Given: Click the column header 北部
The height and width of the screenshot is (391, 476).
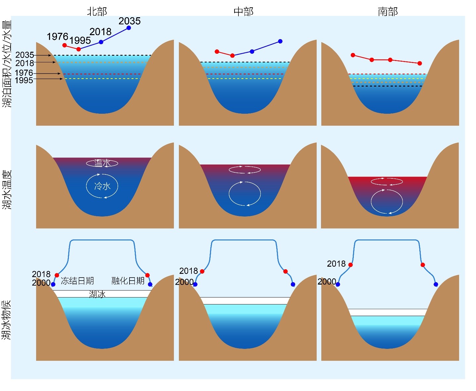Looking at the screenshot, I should tap(97, 11).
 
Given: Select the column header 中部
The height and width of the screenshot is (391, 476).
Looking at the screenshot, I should tap(243, 11).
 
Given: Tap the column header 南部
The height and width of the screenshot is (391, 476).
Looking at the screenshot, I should tap(388, 12).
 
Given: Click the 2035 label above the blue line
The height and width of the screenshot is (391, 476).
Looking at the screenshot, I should tap(130, 21).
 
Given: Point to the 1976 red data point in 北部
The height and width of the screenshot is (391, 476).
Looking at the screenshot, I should tap(65, 45).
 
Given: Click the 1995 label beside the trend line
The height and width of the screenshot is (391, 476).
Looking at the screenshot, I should tap(80, 40).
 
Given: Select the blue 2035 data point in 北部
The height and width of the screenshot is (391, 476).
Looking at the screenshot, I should tap(129, 28).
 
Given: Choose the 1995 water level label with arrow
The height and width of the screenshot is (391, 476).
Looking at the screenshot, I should tap(24, 80).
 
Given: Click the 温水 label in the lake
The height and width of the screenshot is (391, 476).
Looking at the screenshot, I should tap(102, 163).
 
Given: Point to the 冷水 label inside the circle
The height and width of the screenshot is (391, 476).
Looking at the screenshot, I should tap(102, 186).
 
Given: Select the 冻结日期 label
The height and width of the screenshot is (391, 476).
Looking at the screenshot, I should tap(78, 281).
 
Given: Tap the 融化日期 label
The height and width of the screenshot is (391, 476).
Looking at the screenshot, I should tap(128, 281).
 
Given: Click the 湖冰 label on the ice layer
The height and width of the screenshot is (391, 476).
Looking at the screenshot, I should tap(97, 294).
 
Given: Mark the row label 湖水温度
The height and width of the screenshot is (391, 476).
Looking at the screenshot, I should tap(7, 190).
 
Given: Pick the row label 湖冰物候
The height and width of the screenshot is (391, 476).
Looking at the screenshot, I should tap(6, 320).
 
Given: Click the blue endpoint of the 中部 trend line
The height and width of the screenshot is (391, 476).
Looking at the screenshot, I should tap(280, 41).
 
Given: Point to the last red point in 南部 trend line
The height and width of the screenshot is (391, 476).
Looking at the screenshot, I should tap(420, 63).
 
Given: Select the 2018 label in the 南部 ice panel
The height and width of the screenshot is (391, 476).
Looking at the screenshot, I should tap(336, 264).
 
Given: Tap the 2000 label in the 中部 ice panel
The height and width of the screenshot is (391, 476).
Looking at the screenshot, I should tap(185, 282).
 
